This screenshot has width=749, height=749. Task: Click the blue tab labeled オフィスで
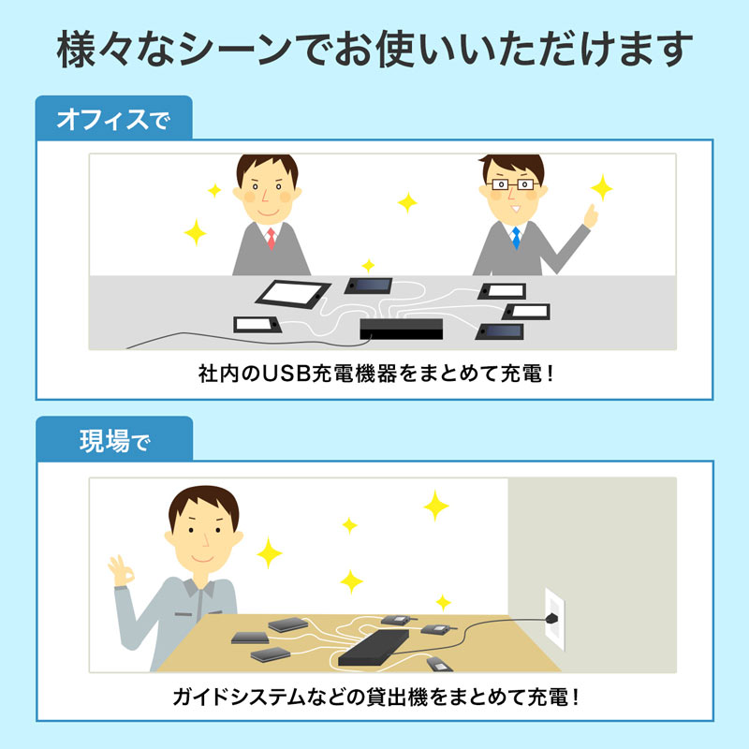[112, 120]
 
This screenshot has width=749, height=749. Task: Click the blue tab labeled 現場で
[112, 441]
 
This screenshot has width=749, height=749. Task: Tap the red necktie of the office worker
[271, 238]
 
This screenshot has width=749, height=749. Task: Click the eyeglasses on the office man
[512, 185]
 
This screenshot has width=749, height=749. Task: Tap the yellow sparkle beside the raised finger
[602, 187]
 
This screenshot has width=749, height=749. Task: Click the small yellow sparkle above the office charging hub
[368, 265]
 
